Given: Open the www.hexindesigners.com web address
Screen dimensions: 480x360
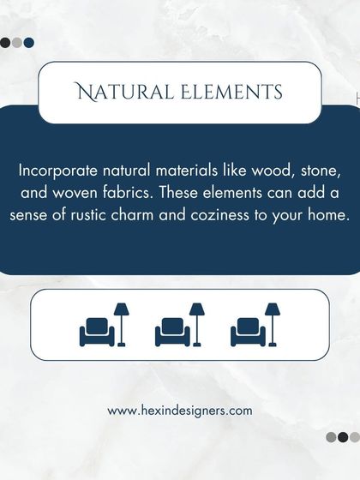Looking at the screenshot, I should click(180, 411).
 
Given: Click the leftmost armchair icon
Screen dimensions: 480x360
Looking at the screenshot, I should click(96, 331).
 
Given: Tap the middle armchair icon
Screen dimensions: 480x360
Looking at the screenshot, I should click(171, 331).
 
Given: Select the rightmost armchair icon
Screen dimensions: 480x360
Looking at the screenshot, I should click(247, 331).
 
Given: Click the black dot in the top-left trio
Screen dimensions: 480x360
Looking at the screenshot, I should click(6, 42).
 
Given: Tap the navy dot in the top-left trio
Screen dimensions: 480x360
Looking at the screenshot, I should click(29, 42).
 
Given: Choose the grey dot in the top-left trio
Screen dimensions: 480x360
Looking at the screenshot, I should click(17, 42).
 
